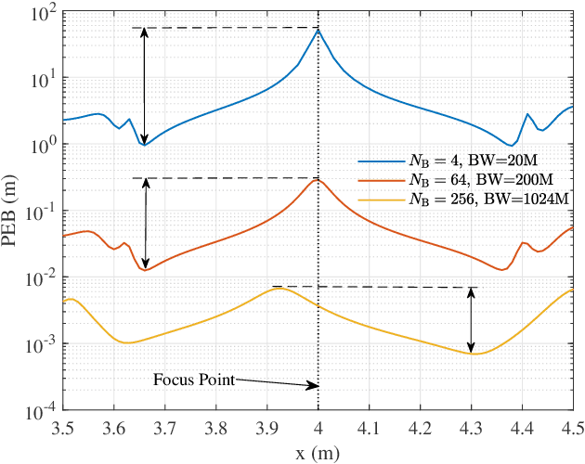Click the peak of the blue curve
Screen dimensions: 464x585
click(318, 30)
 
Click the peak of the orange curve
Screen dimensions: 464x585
click(318, 179)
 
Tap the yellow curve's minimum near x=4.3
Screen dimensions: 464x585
click(473, 354)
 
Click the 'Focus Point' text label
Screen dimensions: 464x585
click(194, 380)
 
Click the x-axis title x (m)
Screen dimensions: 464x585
click(318, 452)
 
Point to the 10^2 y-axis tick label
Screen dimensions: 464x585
click(42, 13)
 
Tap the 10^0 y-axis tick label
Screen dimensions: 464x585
click(42, 146)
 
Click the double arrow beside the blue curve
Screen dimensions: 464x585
click(144, 86)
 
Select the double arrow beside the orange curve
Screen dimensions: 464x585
click(144, 223)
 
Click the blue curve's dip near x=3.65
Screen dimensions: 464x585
click(143, 145)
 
